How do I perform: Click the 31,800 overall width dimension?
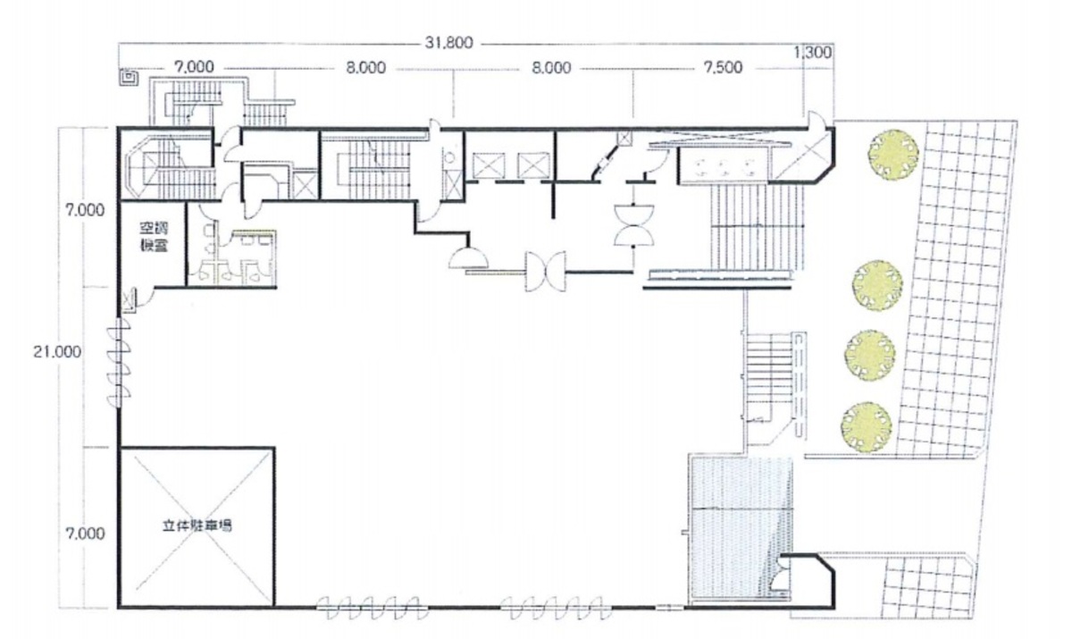pyautogui.click(x=448, y=43)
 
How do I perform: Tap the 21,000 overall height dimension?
pyautogui.click(x=57, y=352)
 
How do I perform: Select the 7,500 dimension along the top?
pyautogui.click(x=723, y=68)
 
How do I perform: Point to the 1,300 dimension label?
pyautogui.click(x=813, y=52)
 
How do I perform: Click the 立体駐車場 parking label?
pyautogui.click(x=197, y=526)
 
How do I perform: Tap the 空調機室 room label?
pyautogui.click(x=154, y=237)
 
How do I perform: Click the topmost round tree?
pyautogui.click(x=893, y=154)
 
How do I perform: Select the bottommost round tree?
pyautogui.click(x=867, y=427)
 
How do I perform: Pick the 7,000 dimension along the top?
pyautogui.click(x=194, y=67)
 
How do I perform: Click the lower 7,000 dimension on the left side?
pyautogui.click(x=85, y=534)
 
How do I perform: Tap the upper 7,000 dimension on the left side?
pyautogui.click(x=85, y=210)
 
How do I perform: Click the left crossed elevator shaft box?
pyautogui.click(x=489, y=165)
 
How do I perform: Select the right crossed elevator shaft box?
pyautogui.click(x=533, y=165)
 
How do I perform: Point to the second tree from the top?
pyautogui.click(x=877, y=285)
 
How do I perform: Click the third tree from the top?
pyautogui.click(x=870, y=355)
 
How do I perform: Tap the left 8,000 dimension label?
pyautogui.click(x=365, y=68)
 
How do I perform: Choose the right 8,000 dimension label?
pyautogui.click(x=551, y=68)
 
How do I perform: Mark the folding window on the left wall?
pyautogui.click(x=118, y=362)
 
